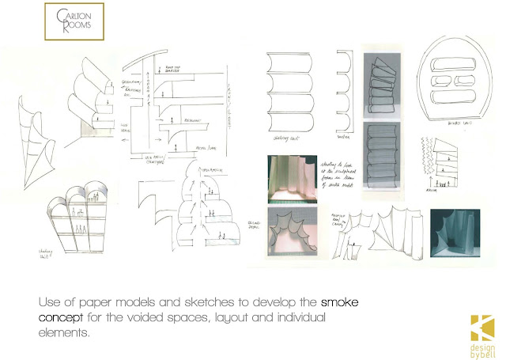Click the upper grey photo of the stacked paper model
(383, 82)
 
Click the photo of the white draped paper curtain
(293, 176)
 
